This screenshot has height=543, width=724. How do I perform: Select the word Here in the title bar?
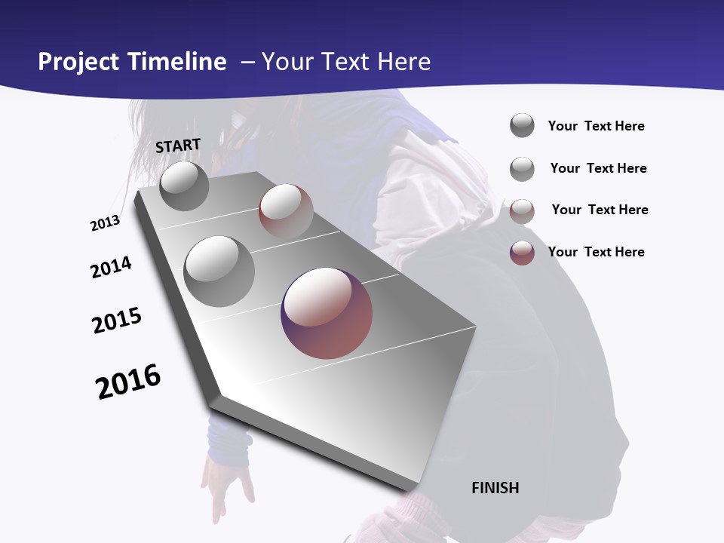(403, 62)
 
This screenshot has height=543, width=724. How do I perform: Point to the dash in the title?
(247, 62)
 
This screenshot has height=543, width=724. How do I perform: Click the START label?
(178, 146)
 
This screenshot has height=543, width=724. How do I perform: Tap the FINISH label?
(495, 488)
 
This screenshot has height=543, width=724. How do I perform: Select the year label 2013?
(105, 223)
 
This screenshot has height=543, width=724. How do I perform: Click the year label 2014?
(111, 267)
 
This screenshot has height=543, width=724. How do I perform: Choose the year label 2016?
(128, 382)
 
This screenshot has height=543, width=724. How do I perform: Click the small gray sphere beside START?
(184, 186)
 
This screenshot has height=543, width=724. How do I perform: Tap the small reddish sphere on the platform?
(286, 210)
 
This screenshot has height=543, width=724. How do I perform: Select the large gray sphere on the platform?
(219, 271)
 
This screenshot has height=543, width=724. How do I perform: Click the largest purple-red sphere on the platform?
(327, 313)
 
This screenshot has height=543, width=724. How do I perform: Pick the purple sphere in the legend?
(522, 253)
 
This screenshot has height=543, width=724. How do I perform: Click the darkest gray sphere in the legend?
(522, 126)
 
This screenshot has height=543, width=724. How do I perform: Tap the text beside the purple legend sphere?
(596, 252)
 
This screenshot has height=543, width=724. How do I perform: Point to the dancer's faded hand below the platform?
(226, 486)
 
